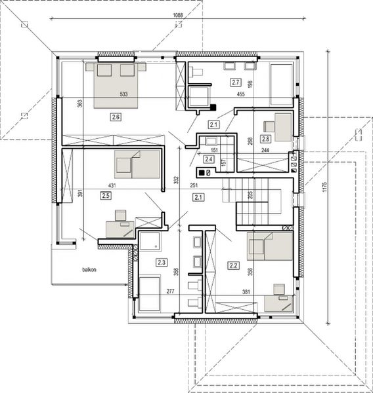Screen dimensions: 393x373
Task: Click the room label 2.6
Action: [x=116, y=117]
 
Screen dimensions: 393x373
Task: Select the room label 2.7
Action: [x=236, y=82]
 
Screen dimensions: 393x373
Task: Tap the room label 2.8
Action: [x=265, y=138]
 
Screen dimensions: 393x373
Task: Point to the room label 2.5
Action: [x=106, y=195]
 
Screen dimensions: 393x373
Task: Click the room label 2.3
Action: [x=162, y=262]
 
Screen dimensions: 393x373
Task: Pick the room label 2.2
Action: [x=233, y=265]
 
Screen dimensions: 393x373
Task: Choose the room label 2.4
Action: [x=208, y=159]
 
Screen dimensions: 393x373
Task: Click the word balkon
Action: [x=90, y=269]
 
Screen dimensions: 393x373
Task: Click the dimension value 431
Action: [x=112, y=186]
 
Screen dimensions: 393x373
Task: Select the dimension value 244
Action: [x=265, y=151]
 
